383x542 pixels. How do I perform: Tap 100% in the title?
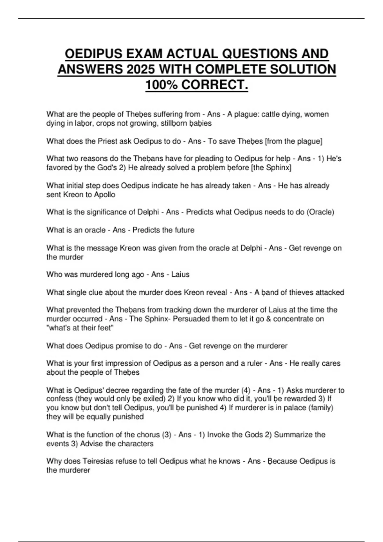(161, 85)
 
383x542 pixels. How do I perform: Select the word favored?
(59, 168)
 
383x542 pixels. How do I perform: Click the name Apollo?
(105, 195)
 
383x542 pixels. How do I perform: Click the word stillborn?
(172, 123)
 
